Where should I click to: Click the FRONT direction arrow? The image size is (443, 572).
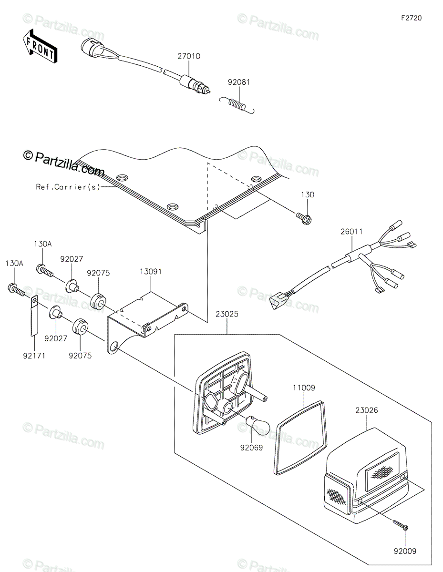(x=40, y=46)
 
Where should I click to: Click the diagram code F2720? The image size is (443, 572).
(x=412, y=18)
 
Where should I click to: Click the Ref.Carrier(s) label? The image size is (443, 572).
(x=68, y=187)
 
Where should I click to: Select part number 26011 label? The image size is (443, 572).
(x=351, y=232)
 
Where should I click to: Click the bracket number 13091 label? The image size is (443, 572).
(x=151, y=272)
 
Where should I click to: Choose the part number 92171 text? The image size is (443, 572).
(x=34, y=355)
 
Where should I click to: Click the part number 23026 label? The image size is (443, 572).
(x=367, y=409)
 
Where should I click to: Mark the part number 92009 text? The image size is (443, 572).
(x=405, y=551)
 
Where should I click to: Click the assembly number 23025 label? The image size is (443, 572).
(x=227, y=314)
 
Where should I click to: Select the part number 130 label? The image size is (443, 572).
(x=307, y=195)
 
